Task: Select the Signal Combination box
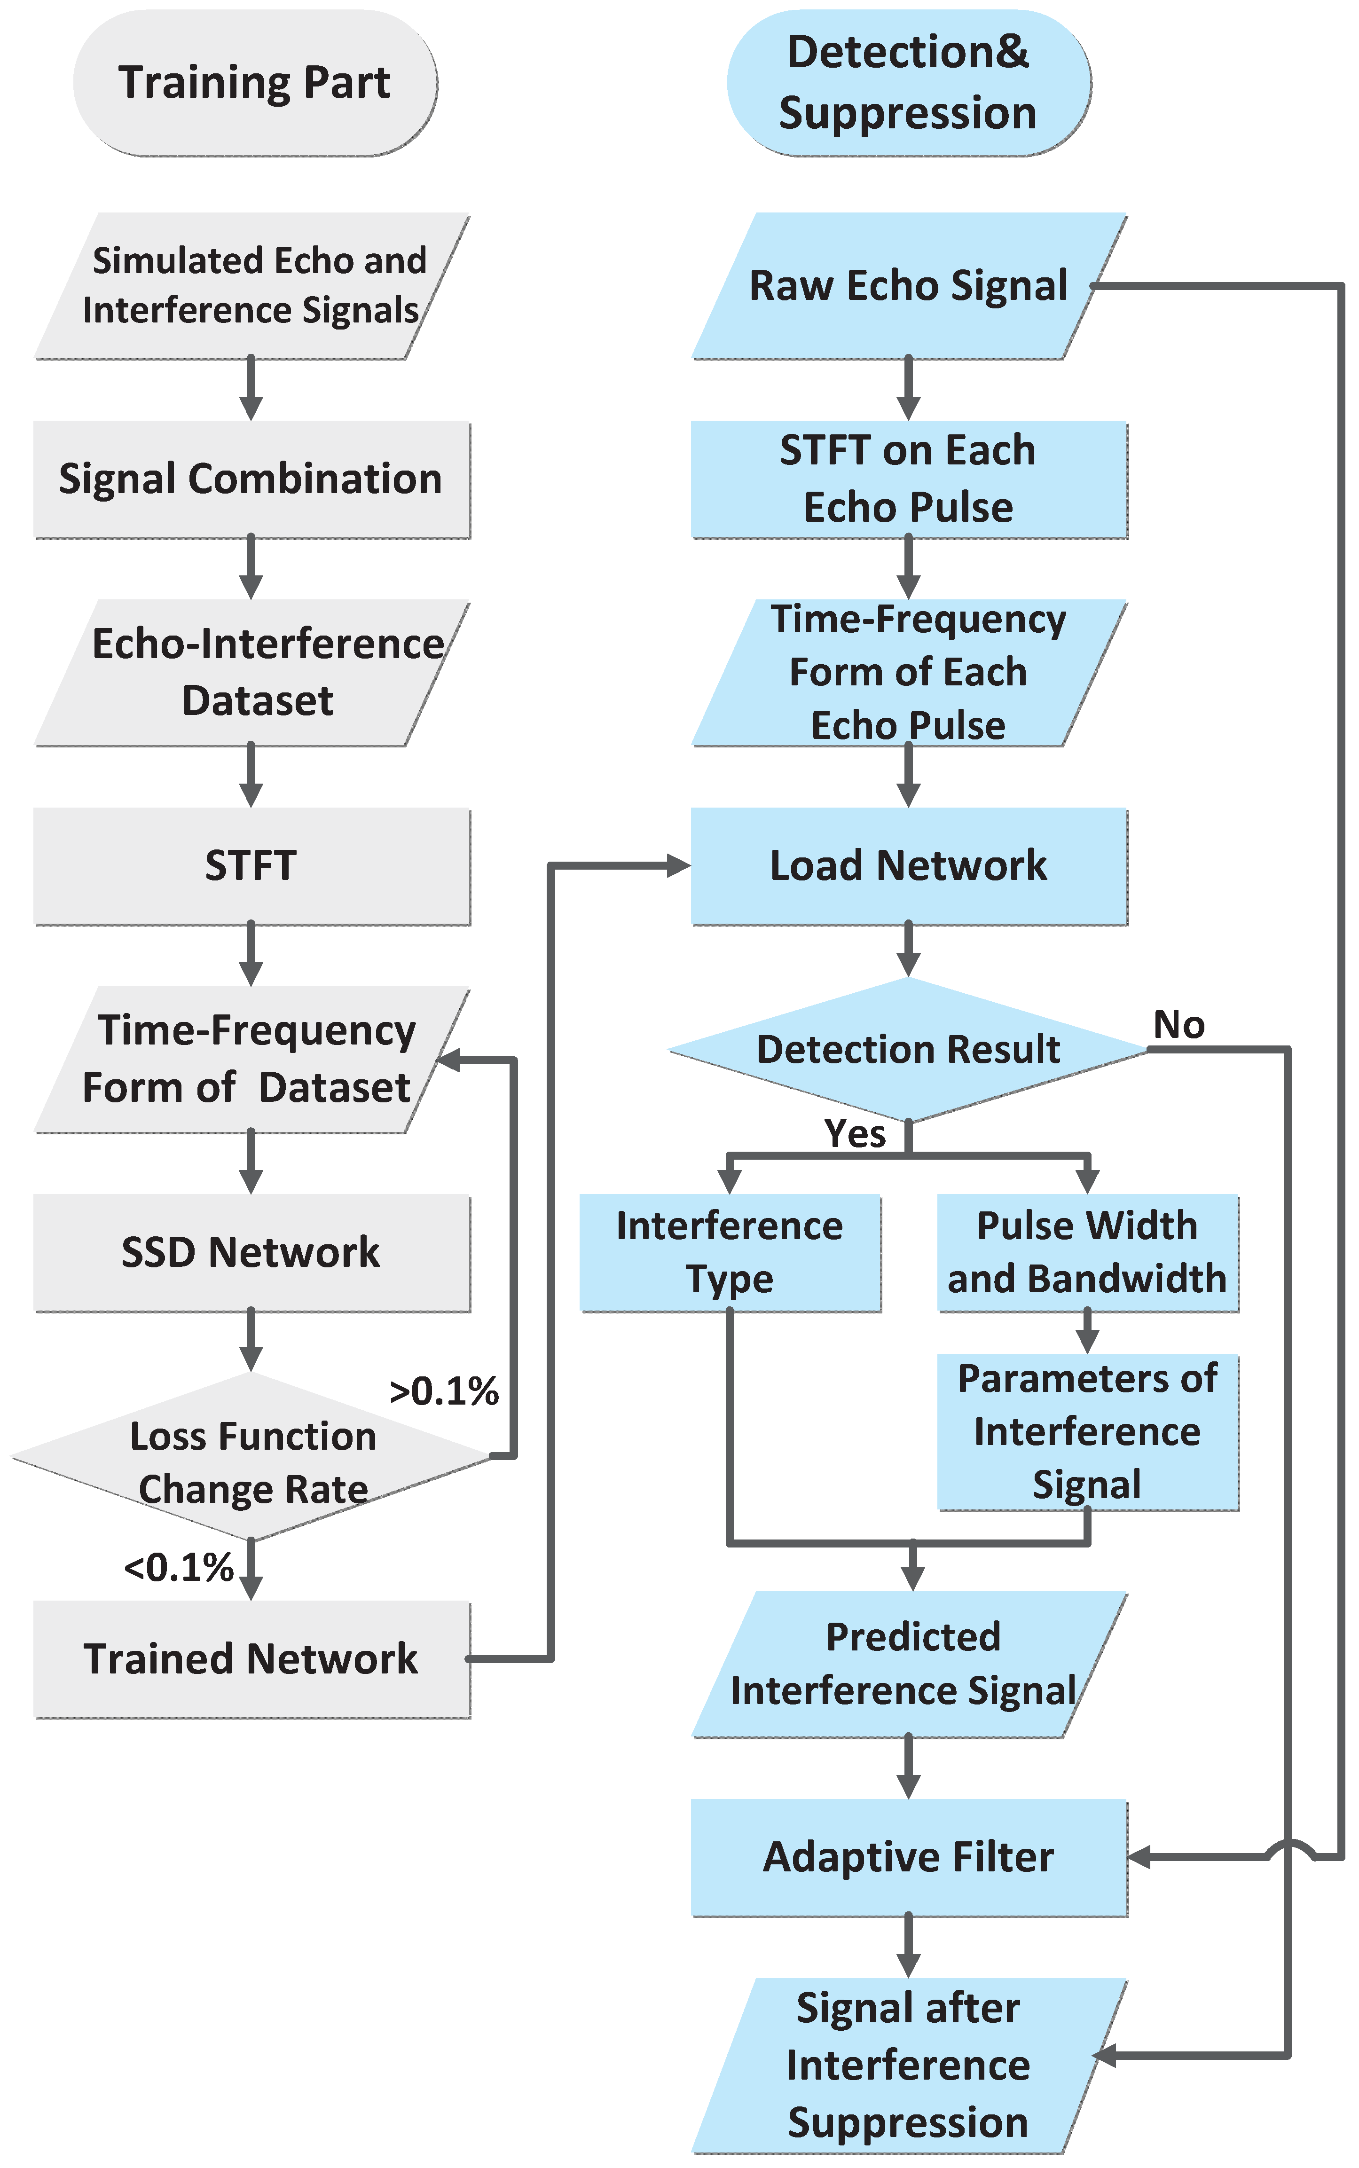(251, 479)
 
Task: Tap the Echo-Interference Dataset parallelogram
(251, 672)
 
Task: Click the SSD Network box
(251, 1252)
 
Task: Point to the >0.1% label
(444, 1391)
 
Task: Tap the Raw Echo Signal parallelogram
(909, 286)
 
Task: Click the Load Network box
(909, 865)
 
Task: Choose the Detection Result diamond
(909, 1049)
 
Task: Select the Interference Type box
(730, 1252)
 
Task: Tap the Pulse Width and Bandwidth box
(1088, 1252)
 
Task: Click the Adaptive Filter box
(909, 1857)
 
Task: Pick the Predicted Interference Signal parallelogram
(909, 1664)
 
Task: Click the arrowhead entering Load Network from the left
(679, 865)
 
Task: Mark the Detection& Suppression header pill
(909, 83)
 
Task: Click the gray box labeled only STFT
(251, 865)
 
